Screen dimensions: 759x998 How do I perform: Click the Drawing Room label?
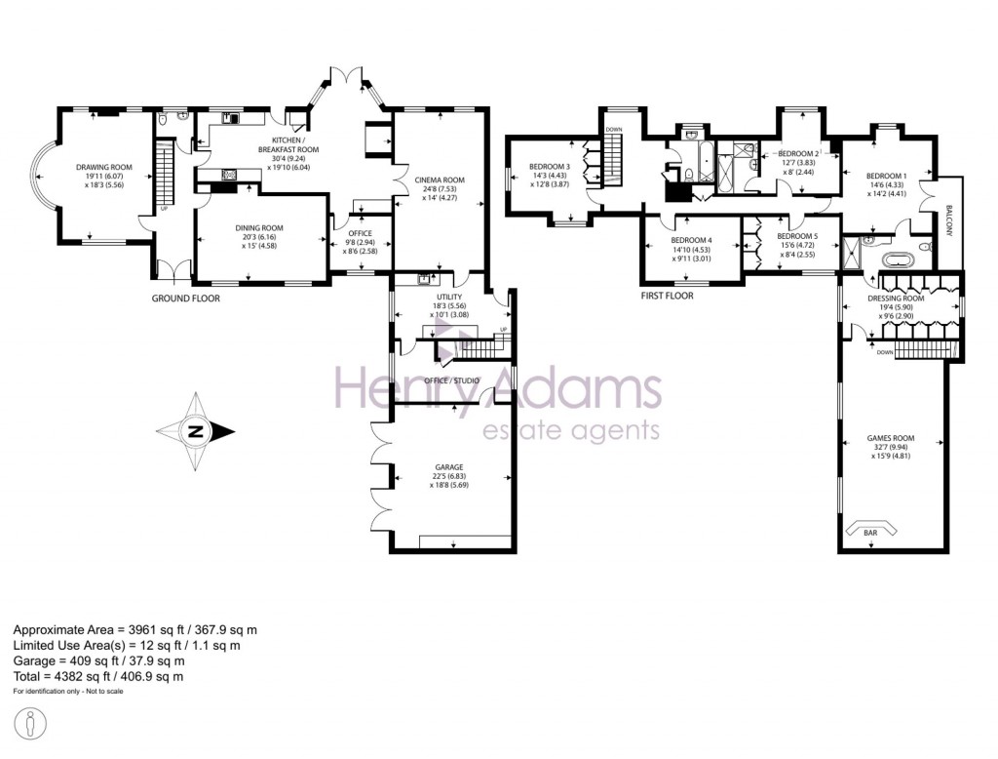click(x=103, y=167)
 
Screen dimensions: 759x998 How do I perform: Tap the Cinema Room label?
click(x=440, y=180)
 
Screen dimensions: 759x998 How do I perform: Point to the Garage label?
click(x=449, y=467)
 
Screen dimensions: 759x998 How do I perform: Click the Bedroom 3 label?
click(x=550, y=167)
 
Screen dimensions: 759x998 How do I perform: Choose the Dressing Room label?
click(x=896, y=300)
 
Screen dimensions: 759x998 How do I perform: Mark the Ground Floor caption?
click(x=185, y=299)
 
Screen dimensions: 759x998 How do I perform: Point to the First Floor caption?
click(x=667, y=296)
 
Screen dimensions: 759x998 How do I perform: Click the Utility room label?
click(x=449, y=297)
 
